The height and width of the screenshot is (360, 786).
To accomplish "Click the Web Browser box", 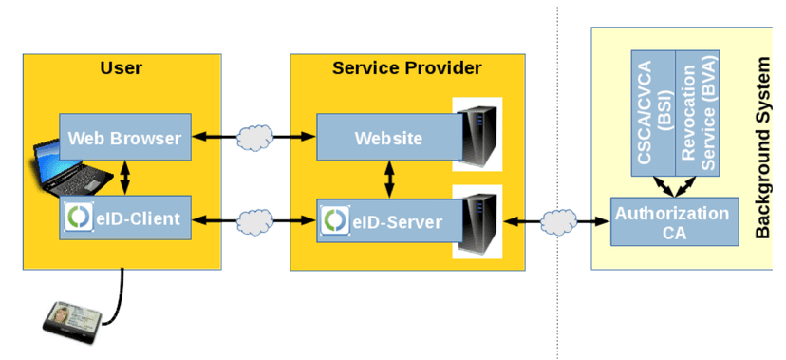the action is point(125,137).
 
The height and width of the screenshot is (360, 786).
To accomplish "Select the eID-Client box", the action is point(125,218).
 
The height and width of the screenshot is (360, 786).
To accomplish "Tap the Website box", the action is point(389,137).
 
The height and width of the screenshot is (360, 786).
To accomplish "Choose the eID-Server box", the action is point(389,220).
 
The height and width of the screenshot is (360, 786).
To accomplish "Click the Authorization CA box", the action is point(674,221).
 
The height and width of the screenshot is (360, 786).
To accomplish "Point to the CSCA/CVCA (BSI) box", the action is point(653,113).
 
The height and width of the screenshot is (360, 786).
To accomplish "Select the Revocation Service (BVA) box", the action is point(698,113).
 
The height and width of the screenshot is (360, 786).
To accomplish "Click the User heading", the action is point(122,67).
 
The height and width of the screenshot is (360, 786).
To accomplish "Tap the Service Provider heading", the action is point(407,67).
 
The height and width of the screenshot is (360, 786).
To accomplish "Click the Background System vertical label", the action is point(762,148).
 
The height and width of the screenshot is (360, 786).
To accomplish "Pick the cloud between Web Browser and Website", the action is point(255,137).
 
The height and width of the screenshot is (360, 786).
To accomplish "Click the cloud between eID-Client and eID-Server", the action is point(255,219).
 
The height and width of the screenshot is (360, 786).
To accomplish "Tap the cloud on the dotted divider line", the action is point(558,221).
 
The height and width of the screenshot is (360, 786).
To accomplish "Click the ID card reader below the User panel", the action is point(73,322).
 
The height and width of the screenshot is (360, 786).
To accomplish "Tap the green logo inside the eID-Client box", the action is point(79,218).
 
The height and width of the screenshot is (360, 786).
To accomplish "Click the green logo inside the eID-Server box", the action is point(335,220).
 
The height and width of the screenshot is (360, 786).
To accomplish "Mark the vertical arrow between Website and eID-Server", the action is point(389,180).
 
